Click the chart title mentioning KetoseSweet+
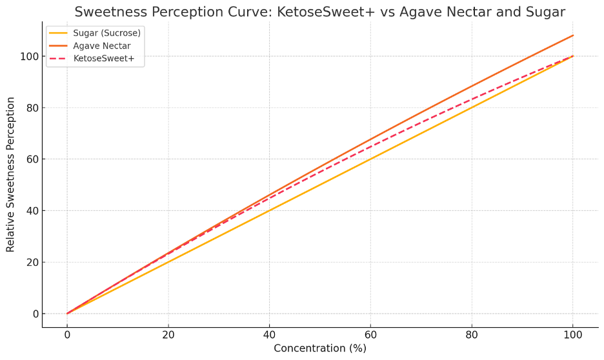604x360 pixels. pyautogui.click(x=319, y=12)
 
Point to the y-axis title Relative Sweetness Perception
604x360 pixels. pyautogui.click(x=11, y=174)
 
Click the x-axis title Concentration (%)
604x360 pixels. pyautogui.click(x=319, y=348)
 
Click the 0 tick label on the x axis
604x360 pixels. pyautogui.click(x=67, y=335)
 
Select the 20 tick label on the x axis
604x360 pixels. pyautogui.click(x=168, y=335)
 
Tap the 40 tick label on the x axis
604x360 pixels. pyautogui.click(x=269, y=335)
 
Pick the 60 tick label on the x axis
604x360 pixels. pyautogui.click(x=370, y=335)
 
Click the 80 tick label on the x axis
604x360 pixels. pyautogui.click(x=472, y=335)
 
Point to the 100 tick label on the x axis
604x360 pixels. pyautogui.click(x=572, y=335)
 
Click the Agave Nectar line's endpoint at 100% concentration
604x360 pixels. pyautogui.click(x=572, y=35)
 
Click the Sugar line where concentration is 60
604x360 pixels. pyautogui.click(x=370, y=159)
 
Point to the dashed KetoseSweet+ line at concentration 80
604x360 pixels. pyautogui.click(x=472, y=99)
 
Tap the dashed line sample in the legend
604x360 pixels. pyautogui.click(x=59, y=59)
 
